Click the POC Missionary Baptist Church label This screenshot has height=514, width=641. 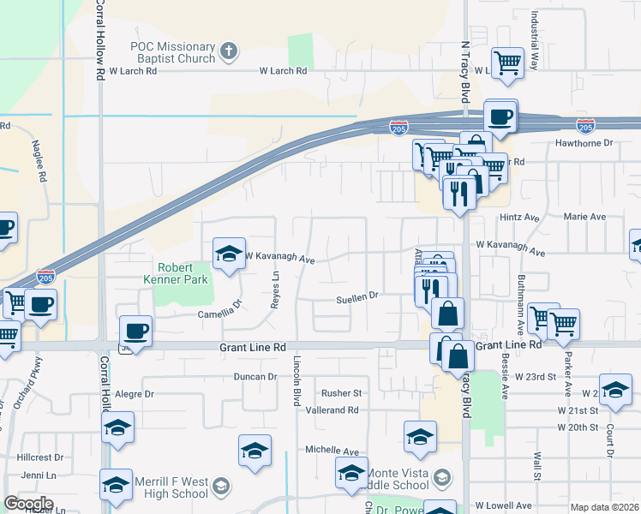tap(172, 52)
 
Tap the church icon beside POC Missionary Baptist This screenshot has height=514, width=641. tap(228, 51)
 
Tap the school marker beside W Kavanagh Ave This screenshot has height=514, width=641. tap(229, 254)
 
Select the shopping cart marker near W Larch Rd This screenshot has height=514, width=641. tap(507, 63)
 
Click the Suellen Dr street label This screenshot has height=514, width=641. tap(356, 296)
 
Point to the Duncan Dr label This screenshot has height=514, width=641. tap(255, 376)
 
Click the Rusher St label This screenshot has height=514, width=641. tap(342, 393)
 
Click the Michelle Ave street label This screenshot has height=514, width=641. tap(332, 450)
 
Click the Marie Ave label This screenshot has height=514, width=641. tap(584, 217)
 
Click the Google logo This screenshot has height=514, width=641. tap(28, 504)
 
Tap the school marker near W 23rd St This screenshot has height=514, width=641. tap(615, 390)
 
